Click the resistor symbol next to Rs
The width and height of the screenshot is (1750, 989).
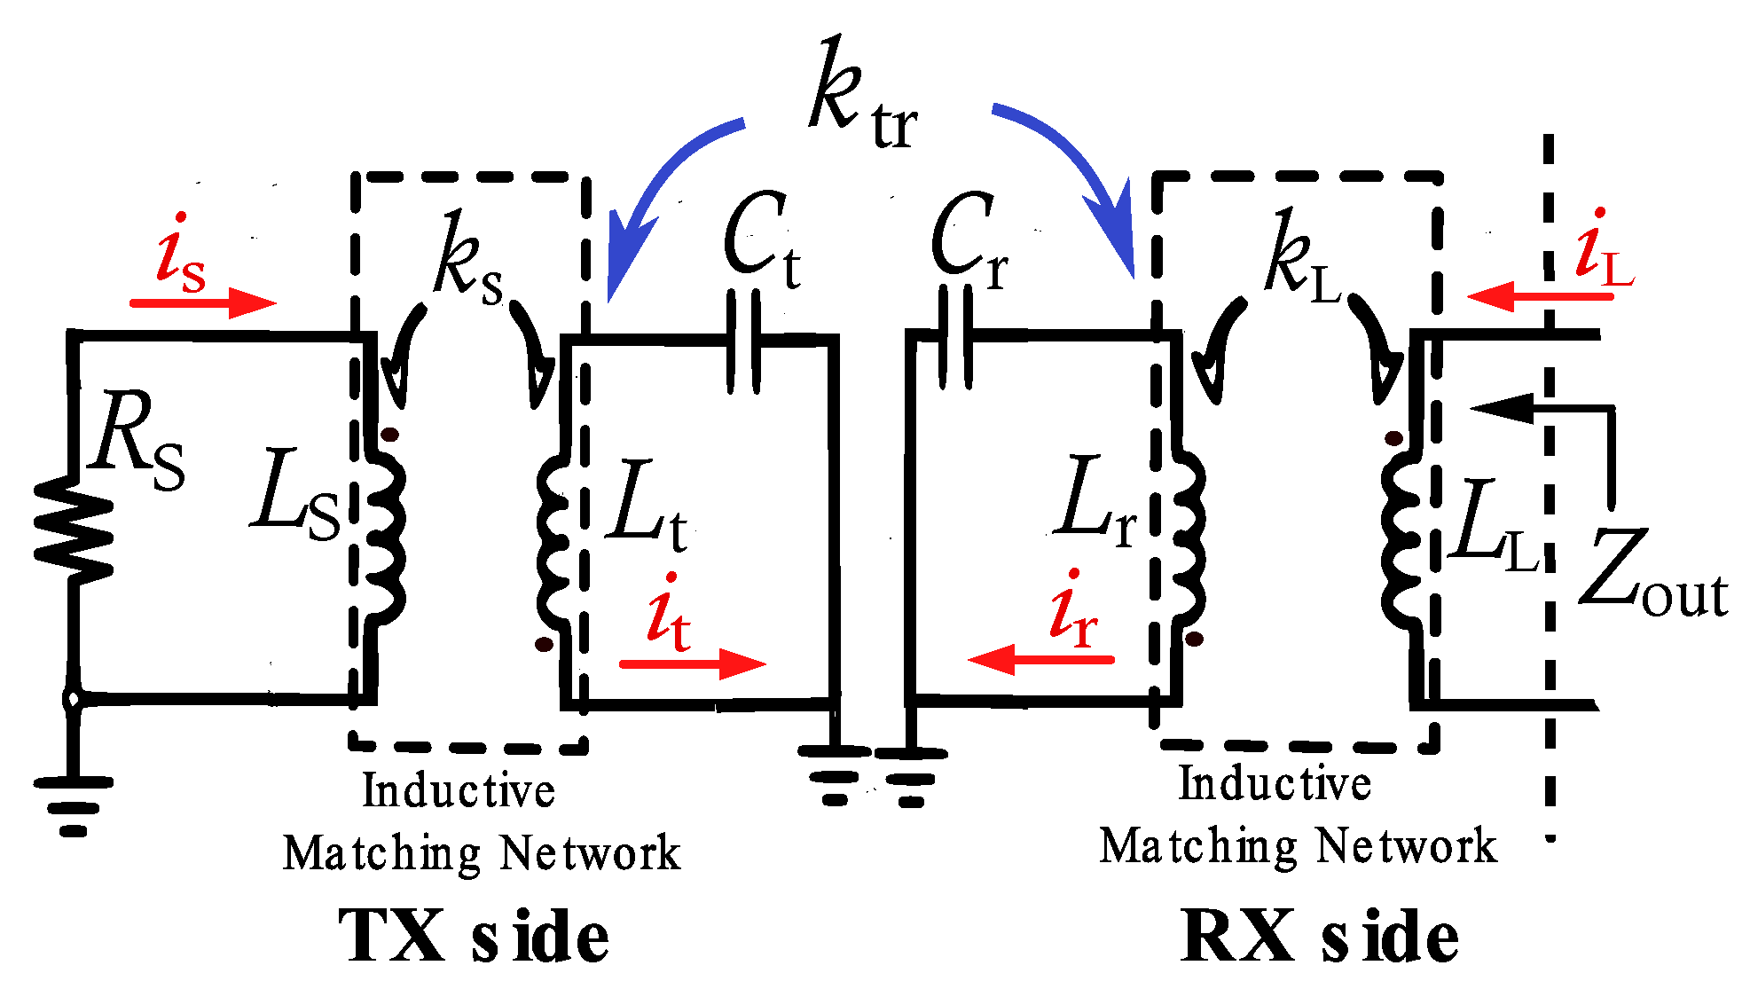click(74, 530)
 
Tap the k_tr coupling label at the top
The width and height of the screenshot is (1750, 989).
click(860, 98)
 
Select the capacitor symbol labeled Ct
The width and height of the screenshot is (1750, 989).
click(743, 341)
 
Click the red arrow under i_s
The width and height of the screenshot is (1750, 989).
click(204, 302)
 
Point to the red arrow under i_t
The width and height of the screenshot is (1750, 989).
click(693, 663)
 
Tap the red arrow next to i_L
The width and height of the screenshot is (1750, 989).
click(1539, 295)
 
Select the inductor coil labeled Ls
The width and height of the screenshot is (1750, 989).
click(387, 532)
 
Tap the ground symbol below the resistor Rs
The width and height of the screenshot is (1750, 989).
click(74, 803)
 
